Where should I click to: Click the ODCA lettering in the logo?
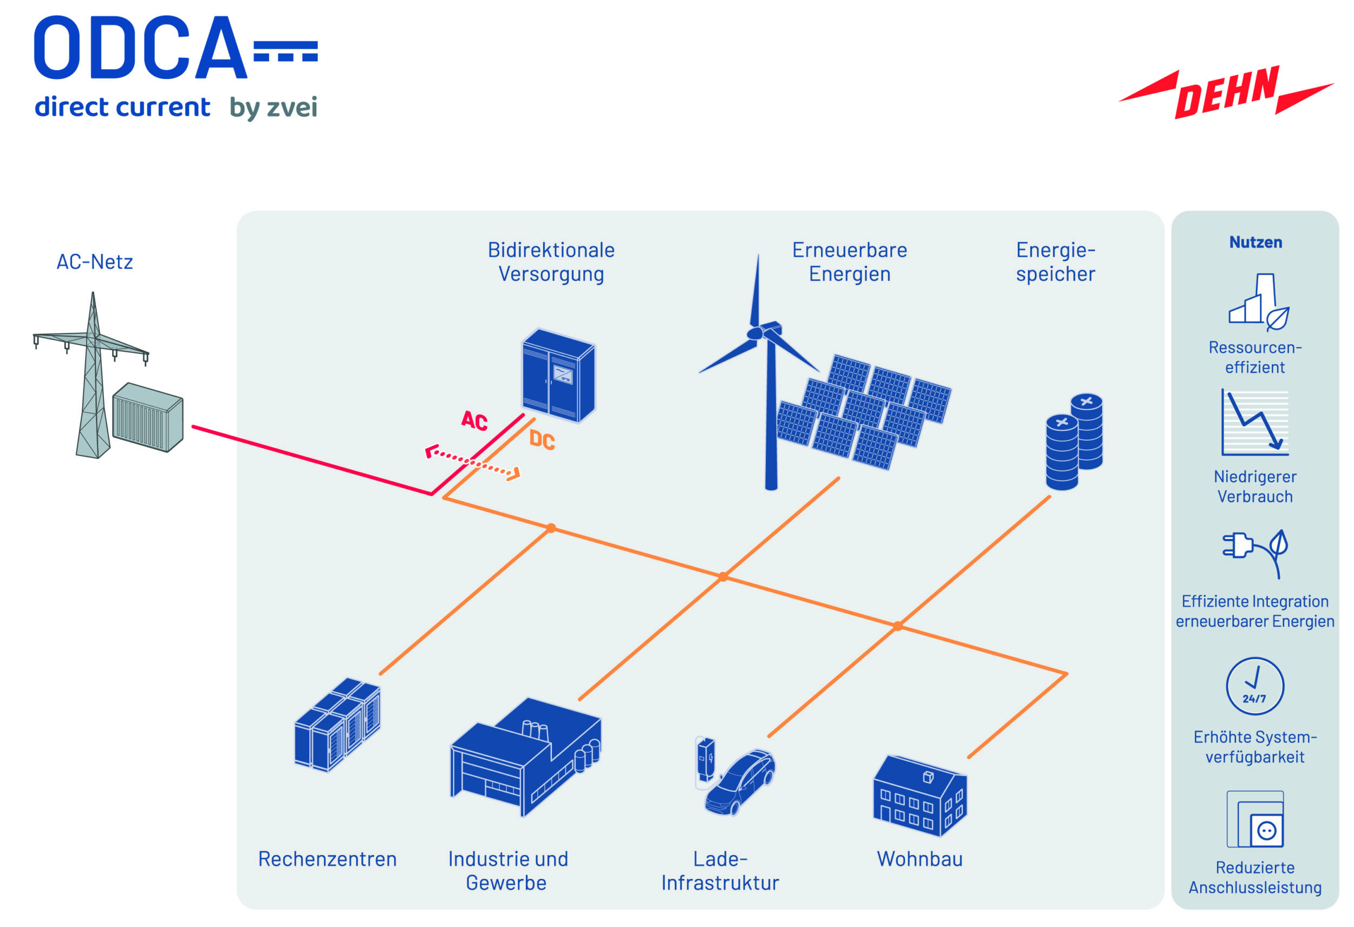[x=140, y=48]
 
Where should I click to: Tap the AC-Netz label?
[x=94, y=262]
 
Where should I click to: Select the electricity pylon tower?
[x=93, y=378]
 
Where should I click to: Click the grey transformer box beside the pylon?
[x=148, y=417]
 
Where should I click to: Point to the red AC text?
[x=474, y=420]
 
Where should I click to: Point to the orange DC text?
[x=542, y=440]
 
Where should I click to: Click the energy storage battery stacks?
[x=1074, y=442]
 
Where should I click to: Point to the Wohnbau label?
[x=920, y=859]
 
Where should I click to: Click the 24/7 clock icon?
[x=1254, y=686]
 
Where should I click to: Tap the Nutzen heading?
[x=1255, y=242]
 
